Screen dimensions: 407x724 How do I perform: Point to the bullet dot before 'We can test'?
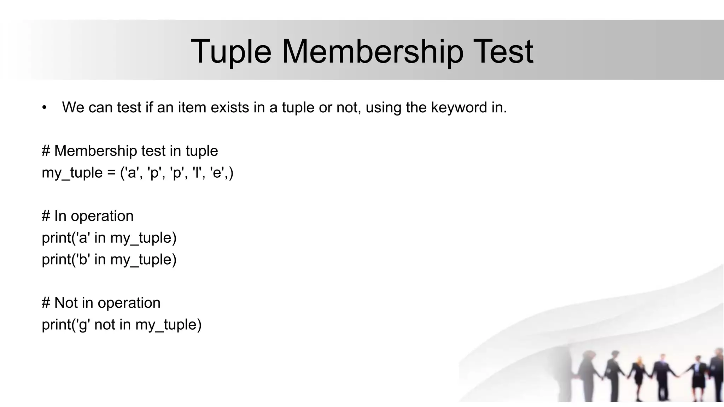click(x=44, y=108)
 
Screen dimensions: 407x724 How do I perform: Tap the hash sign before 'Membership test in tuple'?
click(x=46, y=151)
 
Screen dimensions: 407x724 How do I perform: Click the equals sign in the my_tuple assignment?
click(x=111, y=173)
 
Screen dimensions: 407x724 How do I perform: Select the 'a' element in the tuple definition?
click(x=132, y=173)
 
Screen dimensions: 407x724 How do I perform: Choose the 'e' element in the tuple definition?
click(x=217, y=173)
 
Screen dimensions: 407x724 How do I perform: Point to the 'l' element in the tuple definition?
click(x=196, y=173)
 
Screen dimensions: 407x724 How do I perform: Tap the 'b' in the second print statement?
click(x=83, y=259)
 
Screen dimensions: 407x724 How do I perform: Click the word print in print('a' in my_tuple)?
click(x=56, y=238)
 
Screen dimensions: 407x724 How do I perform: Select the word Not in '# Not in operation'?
click(x=66, y=303)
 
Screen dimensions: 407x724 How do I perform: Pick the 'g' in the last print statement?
click(x=83, y=325)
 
